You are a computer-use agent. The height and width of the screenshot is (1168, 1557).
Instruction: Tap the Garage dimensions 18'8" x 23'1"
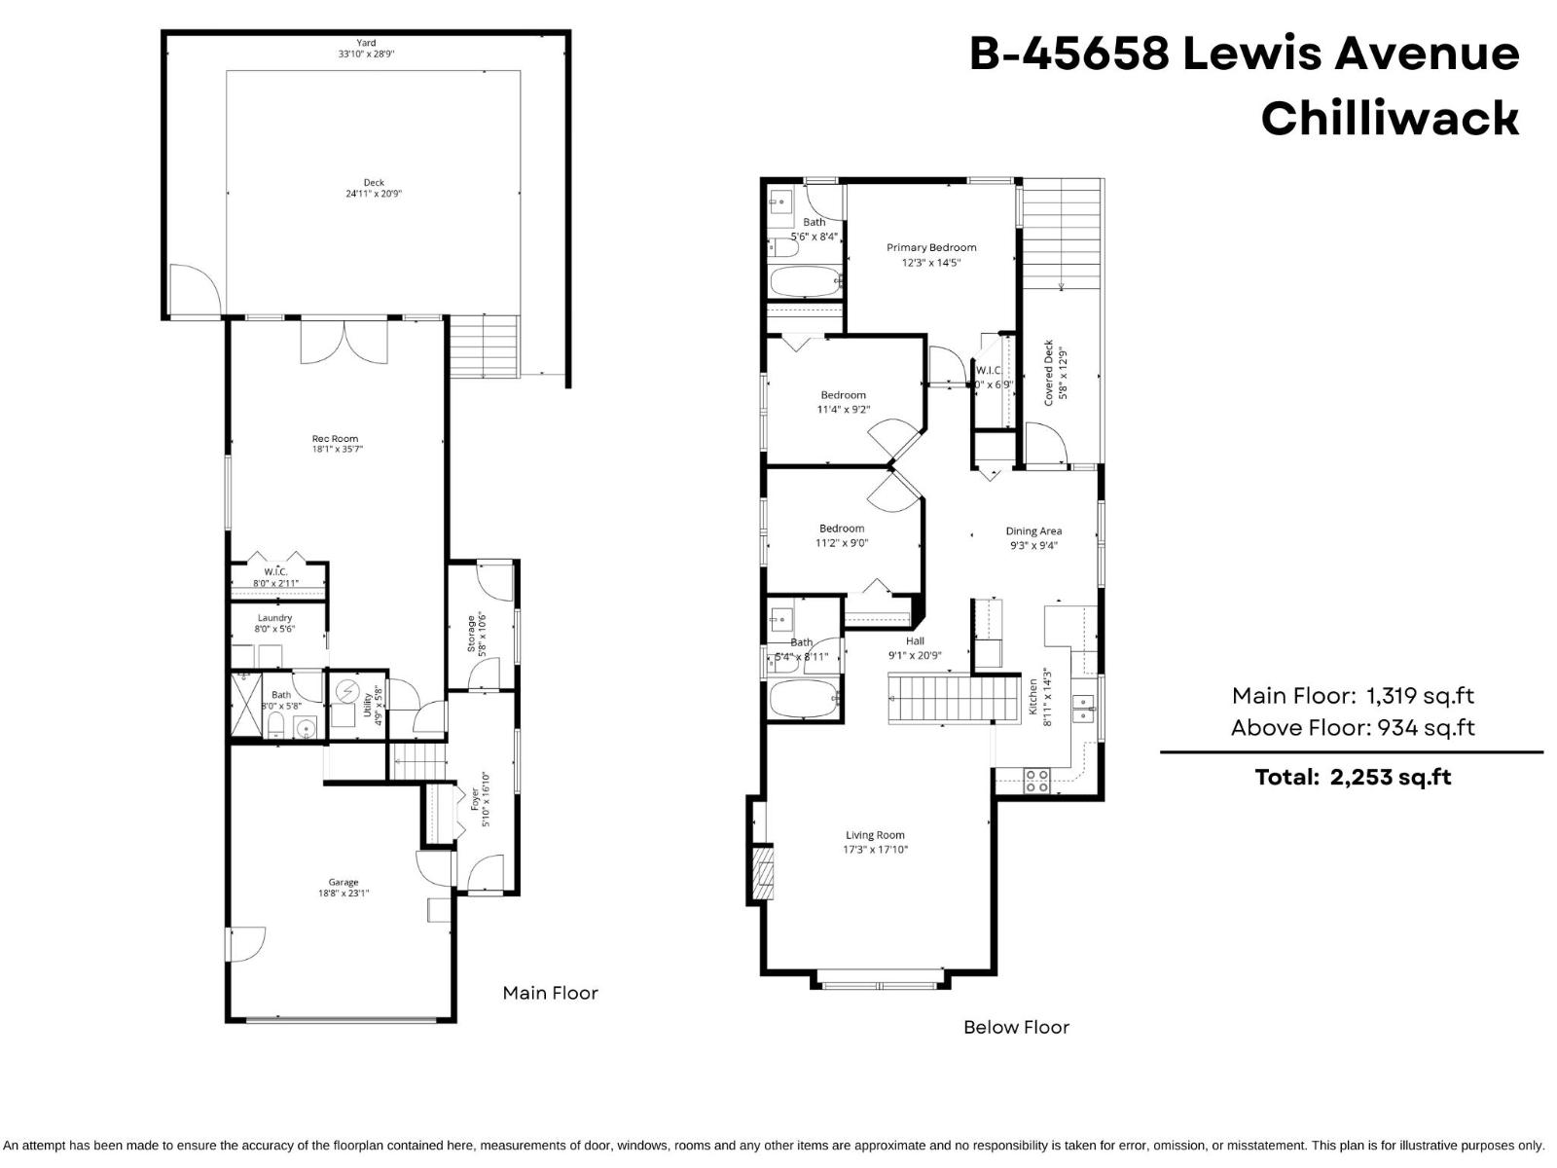pyautogui.click(x=344, y=894)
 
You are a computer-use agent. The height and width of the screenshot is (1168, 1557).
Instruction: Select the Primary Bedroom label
pyautogui.click(x=930, y=247)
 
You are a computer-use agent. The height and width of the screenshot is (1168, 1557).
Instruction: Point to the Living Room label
pyautogui.click(x=875, y=835)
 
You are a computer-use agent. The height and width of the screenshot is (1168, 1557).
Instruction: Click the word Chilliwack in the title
pyautogui.click(x=1389, y=118)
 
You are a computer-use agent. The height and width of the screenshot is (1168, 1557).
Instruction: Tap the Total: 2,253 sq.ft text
pyautogui.click(x=1352, y=777)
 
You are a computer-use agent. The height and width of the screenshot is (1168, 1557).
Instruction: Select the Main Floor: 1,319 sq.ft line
pyautogui.click(x=1352, y=696)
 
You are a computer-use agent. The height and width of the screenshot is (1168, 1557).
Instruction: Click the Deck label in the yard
pyautogui.click(x=374, y=182)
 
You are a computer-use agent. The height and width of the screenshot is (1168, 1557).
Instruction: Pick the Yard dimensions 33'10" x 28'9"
pyautogui.click(x=366, y=55)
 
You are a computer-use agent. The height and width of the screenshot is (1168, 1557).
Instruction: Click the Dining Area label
pyautogui.click(x=1033, y=531)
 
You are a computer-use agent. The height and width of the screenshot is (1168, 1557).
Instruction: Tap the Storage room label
pyautogui.click(x=471, y=634)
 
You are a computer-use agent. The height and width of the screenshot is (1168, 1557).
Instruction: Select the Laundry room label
pyautogui.click(x=275, y=618)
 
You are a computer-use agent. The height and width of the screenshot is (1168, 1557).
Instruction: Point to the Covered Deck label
pyautogui.click(x=1049, y=373)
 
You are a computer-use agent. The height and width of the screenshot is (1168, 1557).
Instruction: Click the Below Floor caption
pyautogui.click(x=1016, y=1027)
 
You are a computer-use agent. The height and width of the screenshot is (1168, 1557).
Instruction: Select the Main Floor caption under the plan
pyautogui.click(x=550, y=993)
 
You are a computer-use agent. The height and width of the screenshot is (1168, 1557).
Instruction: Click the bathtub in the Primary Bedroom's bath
pyautogui.click(x=804, y=283)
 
